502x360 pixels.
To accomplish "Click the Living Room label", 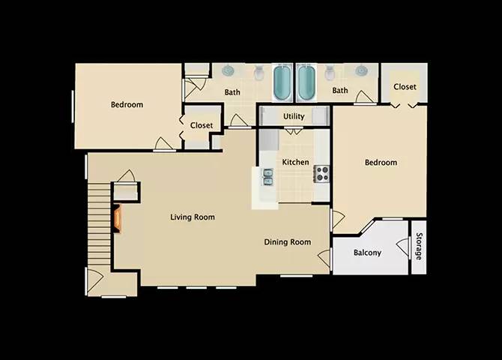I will click(193, 217).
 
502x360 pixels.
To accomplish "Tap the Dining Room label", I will click(287, 241).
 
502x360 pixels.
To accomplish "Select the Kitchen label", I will click(295, 162).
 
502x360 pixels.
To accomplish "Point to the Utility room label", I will click(294, 116).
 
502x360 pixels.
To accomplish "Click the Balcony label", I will click(367, 253).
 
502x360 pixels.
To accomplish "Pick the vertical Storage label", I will click(419, 247).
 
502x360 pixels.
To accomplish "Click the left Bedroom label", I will click(127, 105).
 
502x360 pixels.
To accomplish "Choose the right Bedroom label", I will click(381, 163).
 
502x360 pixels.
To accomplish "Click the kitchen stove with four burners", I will click(322, 174).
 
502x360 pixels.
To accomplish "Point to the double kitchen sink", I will click(267, 176).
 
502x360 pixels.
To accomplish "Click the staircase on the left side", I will click(98, 225).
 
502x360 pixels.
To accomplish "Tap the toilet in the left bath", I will click(258, 73).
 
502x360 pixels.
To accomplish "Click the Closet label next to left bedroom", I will click(201, 125).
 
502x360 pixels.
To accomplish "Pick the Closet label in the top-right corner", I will click(405, 87).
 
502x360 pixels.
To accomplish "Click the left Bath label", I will click(232, 92).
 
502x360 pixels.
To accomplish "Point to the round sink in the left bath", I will click(229, 71).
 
